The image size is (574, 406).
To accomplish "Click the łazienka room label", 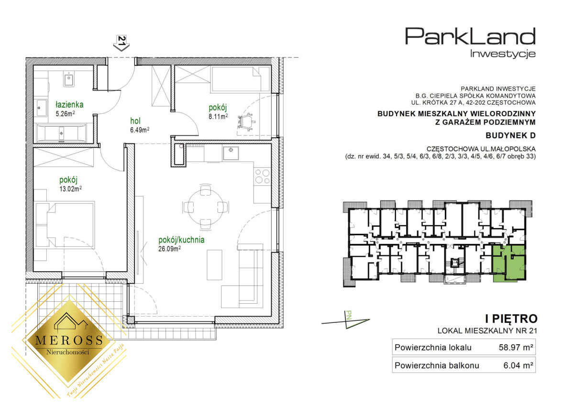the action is (x=69, y=105).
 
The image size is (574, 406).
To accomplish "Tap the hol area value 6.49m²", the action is (x=140, y=130).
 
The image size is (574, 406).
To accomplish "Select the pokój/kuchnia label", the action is (x=181, y=240).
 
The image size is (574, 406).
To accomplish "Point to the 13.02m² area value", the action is (x=71, y=189).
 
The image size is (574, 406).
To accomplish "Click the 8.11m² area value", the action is (x=218, y=117).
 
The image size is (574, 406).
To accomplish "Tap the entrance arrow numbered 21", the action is (x=121, y=43).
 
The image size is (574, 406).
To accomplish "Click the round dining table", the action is (x=206, y=207).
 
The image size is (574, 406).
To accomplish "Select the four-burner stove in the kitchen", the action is (x=263, y=176).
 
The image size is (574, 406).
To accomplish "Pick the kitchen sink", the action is (x=231, y=153).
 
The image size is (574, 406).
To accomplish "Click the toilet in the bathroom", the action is (x=69, y=79).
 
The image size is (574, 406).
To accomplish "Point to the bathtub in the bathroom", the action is (x=62, y=132).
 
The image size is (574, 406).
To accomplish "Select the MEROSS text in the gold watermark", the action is (x=69, y=340).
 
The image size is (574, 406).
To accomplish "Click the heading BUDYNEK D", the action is (x=510, y=135).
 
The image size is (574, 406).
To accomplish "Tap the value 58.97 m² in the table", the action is (x=516, y=347).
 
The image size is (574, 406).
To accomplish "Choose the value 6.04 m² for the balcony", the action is (x=518, y=365).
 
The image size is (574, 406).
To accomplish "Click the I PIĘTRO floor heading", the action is (x=511, y=319).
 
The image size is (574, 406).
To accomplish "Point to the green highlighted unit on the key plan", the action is (x=509, y=263).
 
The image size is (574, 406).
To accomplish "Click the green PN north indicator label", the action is (x=349, y=315).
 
